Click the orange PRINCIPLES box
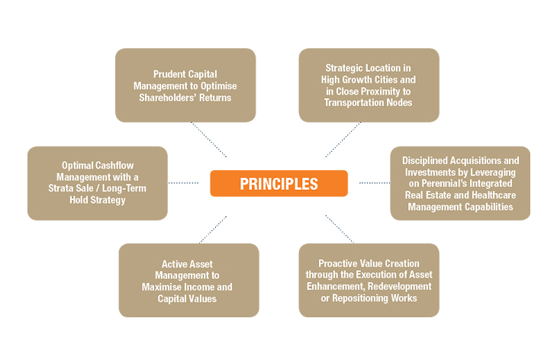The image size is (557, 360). click(x=278, y=183)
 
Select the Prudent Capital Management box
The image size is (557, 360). click(x=185, y=85)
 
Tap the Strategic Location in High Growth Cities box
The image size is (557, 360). click(x=369, y=85)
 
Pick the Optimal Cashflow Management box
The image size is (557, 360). click(x=98, y=183)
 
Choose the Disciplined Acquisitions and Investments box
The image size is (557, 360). click(x=460, y=183)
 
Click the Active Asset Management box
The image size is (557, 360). click(x=188, y=280)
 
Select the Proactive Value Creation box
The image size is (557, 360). click(x=369, y=280)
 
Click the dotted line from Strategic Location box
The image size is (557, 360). click(x=343, y=139)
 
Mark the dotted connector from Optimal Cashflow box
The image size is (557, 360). click(x=183, y=183)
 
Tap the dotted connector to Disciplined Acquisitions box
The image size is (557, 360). click(x=374, y=183)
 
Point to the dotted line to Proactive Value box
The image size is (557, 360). click(x=339, y=229)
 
